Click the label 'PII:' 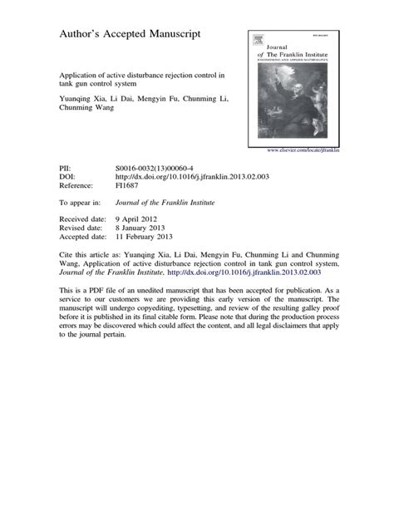tap(65, 166)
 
